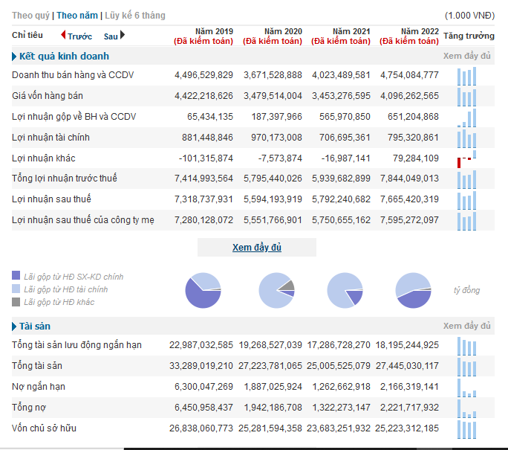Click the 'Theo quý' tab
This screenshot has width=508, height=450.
(30, 16)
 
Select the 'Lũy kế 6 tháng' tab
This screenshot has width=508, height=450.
(135, 16)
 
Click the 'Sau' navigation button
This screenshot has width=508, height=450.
(114, 36)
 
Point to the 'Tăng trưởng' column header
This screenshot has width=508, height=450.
(469, 36)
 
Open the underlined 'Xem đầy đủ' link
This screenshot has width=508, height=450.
(257, 248)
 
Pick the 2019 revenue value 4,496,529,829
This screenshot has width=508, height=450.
(203, 75)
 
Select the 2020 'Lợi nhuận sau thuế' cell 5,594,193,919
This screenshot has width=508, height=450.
(273, 199)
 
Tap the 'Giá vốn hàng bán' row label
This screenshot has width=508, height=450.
(48, 96)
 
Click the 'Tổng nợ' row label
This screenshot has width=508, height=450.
(29, 408)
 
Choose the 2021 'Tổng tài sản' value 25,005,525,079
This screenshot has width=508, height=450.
(339, 366)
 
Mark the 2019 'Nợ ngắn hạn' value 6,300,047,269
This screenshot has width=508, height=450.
(203, 387)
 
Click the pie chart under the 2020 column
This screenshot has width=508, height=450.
(276, 290)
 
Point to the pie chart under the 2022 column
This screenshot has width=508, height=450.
(414, 290)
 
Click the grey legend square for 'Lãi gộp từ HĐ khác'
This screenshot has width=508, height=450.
(16, 302)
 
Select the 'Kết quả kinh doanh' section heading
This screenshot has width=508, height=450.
(64, 56)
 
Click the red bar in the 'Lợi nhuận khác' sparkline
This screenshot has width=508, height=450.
(459, 163)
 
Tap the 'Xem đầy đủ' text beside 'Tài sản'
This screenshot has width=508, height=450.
(467, 326)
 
